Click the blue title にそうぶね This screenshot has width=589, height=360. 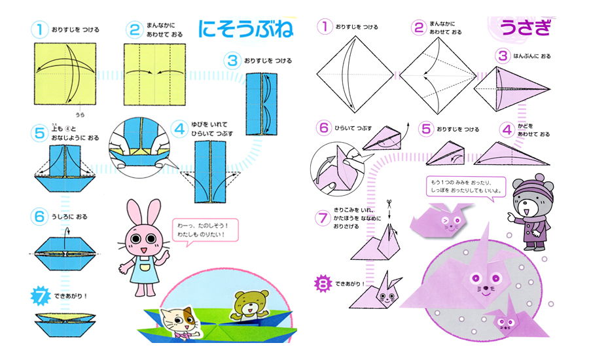tap(245, 29)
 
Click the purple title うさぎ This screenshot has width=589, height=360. tap(526, 27)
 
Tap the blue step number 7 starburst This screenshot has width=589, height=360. tap(40, 296)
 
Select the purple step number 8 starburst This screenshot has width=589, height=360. tap(323, 283)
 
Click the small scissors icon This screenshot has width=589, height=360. tap(389, 204)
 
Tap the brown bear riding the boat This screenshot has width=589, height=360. tap(249, 305)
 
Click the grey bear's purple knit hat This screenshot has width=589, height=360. tap(533, 187)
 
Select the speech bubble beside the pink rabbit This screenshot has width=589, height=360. tap(205, 230)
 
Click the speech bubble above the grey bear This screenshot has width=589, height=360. tap(466, 187)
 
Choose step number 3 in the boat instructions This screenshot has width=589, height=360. tap(232, 60)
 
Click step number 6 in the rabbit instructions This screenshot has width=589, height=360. tap(324, 128)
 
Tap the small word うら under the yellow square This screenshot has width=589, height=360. tap(80, 115)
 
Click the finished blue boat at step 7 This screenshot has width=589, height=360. tap(65, 324)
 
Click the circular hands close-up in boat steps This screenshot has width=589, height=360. tap(139, 147)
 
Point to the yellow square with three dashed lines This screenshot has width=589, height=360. tap(154, 75)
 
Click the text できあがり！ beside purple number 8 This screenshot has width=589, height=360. tap(350, 283)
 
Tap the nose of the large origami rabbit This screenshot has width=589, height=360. tap(486, 288)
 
